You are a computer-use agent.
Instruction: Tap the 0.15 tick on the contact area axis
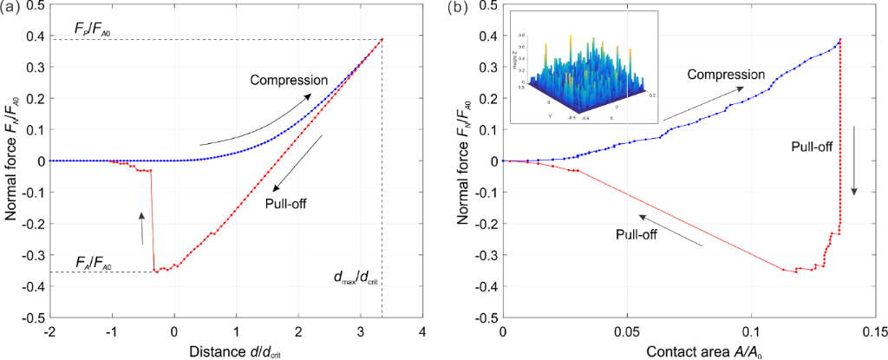pyautogui.click(x=875, y=333)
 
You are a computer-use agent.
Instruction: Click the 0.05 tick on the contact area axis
pyautogui.click(x=626, y=333)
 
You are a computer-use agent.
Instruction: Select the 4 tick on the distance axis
pyautogui.click(x=422, y=333)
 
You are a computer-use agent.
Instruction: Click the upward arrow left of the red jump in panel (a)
pyautogui.click(x=141, y=227)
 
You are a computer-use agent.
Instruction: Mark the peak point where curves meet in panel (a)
pyautogui.click(x=382, y=39)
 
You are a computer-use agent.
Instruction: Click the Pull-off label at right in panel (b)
pyautogui.click(x=811, y=147)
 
